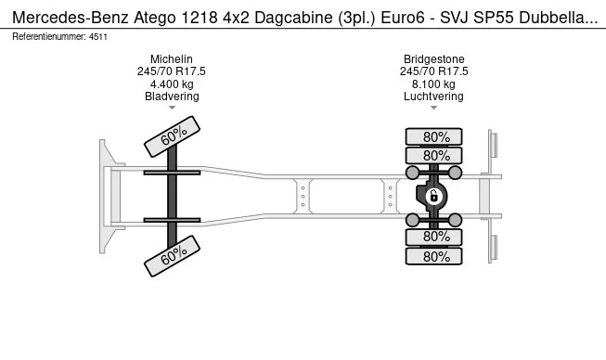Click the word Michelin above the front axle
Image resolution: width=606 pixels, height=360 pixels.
pyautogui.click(x=171, y=59)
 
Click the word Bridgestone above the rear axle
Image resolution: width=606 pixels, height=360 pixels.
pyautogui.click(x=434, y=59)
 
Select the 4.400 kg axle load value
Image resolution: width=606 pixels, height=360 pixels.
pyautogui.click(x=172, y=84)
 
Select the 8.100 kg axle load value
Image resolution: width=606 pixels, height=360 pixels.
pyautogui.click(x=433, y=84)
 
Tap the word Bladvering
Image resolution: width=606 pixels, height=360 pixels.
pyautogui.click(x=172, y=96)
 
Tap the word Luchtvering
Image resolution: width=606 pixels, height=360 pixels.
pyautogui.click(x=433, y=96)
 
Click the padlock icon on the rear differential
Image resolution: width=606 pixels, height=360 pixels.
pyautogui.click(x=433, y=196)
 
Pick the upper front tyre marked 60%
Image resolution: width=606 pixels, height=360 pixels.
pyautogui.click(x=172, y=136)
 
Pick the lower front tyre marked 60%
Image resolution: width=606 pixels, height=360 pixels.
pyautogui.click(x=172, y=256)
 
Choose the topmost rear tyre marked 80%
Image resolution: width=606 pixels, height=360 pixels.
pyautogui.click(x=433, y=136)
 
